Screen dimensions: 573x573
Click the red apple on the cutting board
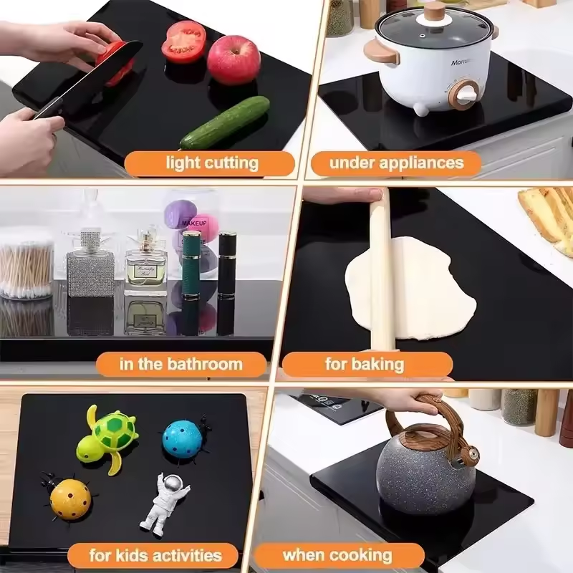(x=233, y=60)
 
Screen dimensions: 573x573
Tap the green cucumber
(x=225, y=122)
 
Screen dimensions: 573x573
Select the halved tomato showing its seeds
(x=183, y=42)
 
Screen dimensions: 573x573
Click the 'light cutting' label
(x=211, y=163)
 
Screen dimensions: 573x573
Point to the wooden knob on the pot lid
(x=434, y=10)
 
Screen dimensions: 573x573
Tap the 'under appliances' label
(x=396, y=163)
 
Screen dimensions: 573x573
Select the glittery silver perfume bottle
(x=90, y=266)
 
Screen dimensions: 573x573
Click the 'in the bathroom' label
(x=180, y=364)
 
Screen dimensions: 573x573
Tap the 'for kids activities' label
(x=155, y=554)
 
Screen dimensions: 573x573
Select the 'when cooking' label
(x=337, y=554)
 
